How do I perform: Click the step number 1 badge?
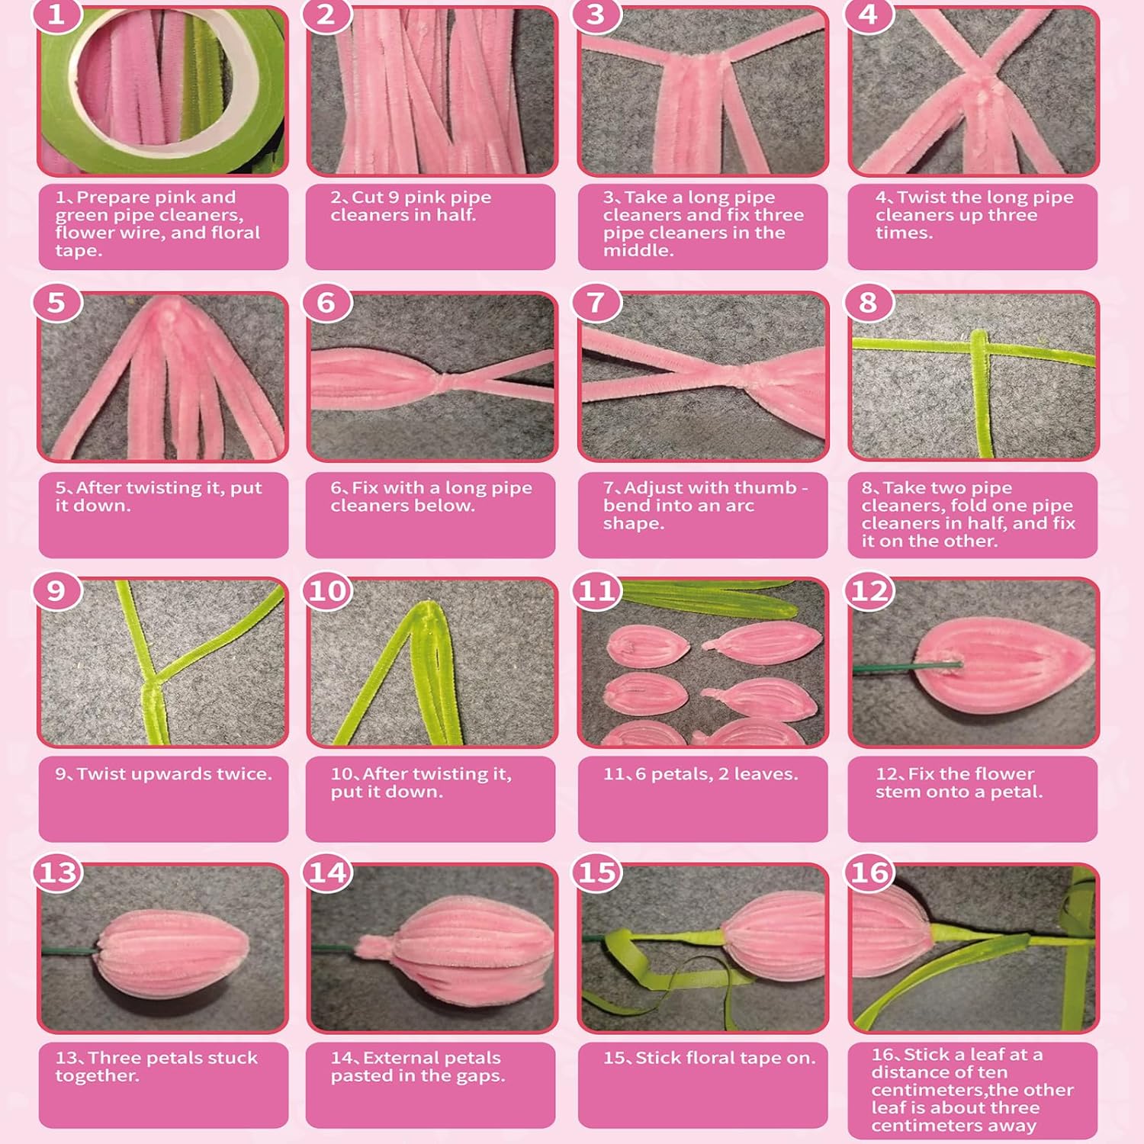56,14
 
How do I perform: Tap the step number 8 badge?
868,303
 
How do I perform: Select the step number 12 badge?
869,591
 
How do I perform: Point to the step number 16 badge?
869,872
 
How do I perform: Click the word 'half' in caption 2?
455,215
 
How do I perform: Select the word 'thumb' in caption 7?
767,488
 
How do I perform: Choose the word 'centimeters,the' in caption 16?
973,1090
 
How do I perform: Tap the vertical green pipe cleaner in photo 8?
982,394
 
